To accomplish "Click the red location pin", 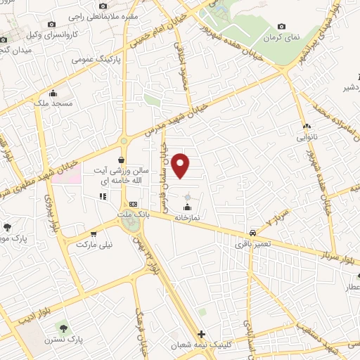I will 181,166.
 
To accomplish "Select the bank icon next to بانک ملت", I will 143,203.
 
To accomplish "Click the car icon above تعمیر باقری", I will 252,233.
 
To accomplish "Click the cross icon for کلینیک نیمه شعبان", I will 202,334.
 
